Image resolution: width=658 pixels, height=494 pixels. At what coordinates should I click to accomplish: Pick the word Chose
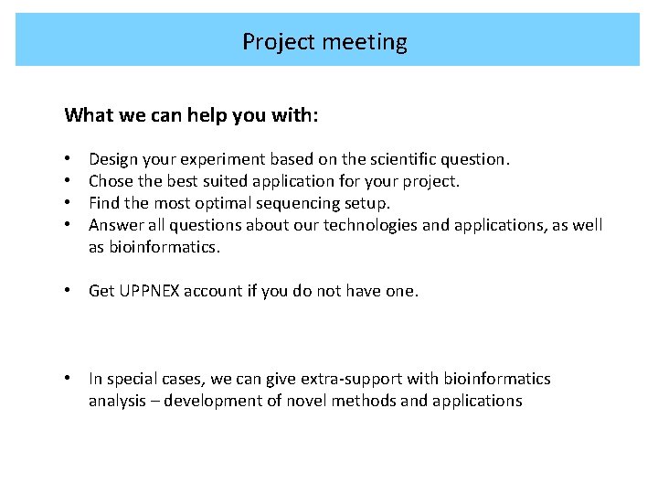pos(111,181)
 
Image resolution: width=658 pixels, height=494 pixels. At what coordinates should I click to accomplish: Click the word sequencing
pos(298,203)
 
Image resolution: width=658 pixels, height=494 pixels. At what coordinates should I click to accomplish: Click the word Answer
pos(114,225)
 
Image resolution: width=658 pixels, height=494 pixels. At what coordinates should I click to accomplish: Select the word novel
pos(304,401)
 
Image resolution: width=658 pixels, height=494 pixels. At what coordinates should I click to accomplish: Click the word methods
pos(366,401)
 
